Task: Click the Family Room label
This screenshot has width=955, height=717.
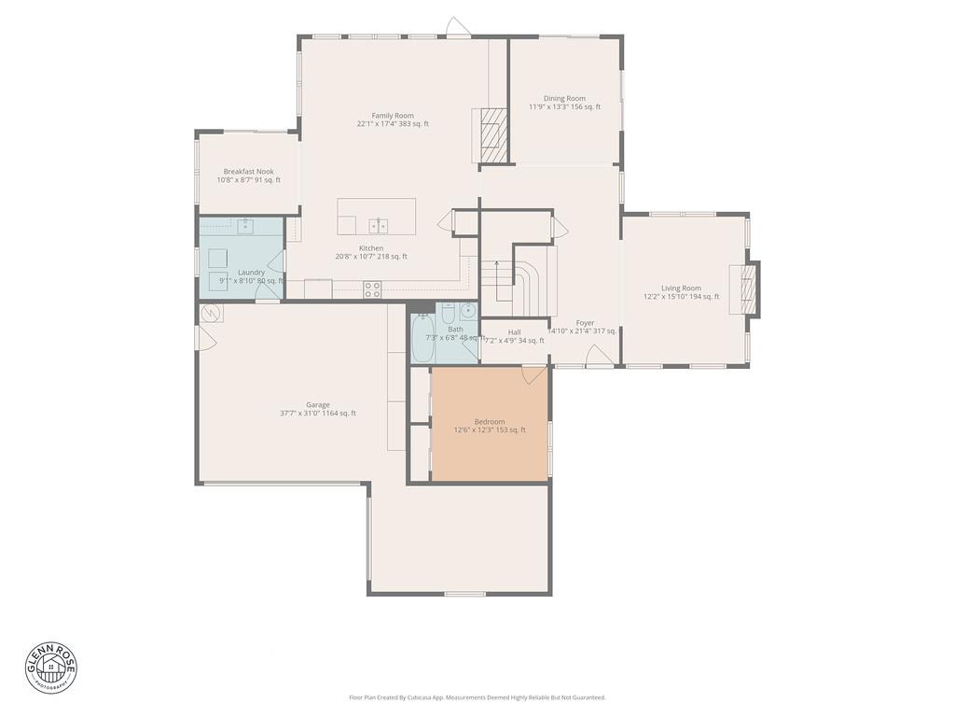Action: [393, 116]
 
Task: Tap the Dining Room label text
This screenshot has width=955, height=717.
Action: [564, 98]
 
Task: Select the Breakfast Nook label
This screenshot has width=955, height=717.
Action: [248, 172]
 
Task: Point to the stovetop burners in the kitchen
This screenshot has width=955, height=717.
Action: [372, 289]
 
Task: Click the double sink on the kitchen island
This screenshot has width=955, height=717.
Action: [379, 225]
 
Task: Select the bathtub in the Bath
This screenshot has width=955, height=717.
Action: [422, 341]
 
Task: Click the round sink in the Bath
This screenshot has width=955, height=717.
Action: [468, 312]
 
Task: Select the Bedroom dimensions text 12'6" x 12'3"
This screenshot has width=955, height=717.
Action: [490, 430]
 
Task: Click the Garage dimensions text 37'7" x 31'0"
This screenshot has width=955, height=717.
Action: [318, 414]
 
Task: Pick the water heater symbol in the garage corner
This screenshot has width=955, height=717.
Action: [211, 314]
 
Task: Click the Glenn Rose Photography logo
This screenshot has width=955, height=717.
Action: [51, 666]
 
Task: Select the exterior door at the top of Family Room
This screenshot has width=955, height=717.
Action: [454, 26]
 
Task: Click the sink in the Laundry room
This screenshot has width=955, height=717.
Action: [244, 226]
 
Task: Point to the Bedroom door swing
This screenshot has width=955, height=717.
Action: [533, 374]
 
